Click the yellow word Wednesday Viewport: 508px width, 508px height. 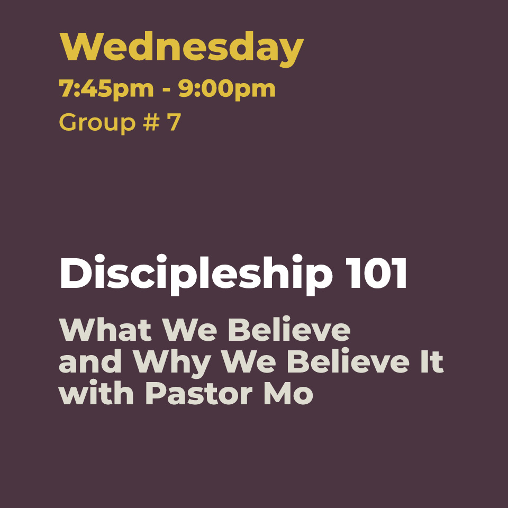182,49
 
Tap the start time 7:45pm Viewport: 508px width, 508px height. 106,89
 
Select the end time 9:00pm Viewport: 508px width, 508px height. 227,89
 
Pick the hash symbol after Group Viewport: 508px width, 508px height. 151,122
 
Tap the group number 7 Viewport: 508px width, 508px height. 174,122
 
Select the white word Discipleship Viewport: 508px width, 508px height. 196,275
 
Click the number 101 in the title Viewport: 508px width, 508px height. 376,273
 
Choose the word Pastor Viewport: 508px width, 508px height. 199,393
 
